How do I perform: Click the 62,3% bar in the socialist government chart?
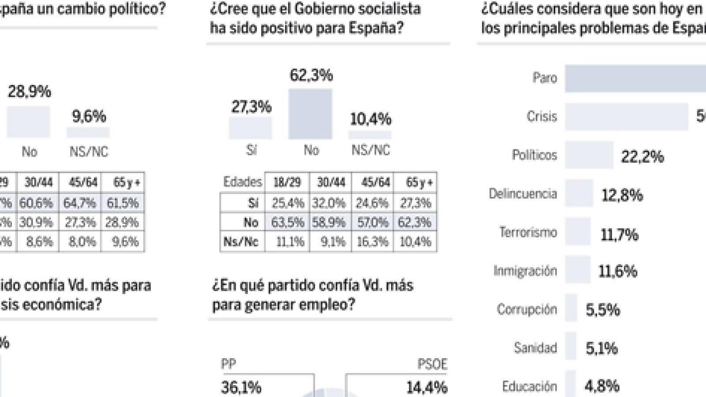310,114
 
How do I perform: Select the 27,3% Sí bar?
250,128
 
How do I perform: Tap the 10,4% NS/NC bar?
370,135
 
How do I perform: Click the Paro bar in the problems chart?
635,79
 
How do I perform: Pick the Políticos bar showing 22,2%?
589,155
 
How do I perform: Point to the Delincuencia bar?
579,193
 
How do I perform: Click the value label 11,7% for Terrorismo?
619,234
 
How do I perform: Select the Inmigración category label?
525,270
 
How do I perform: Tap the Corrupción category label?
527,309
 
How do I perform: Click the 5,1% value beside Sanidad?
601,348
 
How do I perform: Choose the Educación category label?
529,386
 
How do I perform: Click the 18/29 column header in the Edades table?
287,182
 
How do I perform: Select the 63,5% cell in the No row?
287,222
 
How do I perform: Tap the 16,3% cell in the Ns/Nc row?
372,241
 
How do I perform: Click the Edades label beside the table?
242,182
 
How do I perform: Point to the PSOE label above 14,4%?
432,364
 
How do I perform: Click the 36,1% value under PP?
241,387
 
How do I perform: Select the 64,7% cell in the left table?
79,203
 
